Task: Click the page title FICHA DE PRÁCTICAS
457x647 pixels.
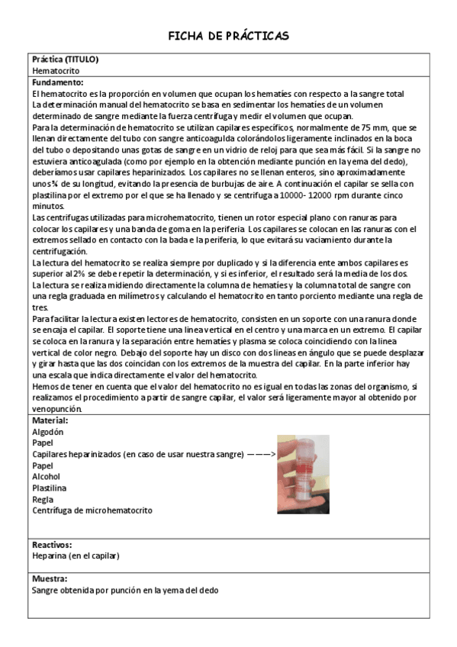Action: [228, 36]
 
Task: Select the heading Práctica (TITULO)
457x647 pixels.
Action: [65, 60]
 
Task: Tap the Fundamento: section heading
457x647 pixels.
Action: [58, 82]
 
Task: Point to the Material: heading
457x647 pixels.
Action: [50, 420]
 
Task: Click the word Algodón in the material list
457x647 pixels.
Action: [47, 432]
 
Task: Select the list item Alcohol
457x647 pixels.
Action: [46, 477]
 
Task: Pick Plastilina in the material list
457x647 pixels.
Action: [49, 488]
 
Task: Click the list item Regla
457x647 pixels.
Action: [43, 499]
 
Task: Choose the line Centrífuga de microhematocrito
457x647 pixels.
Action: [92, 510]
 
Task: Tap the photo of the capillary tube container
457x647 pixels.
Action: [303, 474]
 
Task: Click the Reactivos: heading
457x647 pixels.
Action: [52, 545]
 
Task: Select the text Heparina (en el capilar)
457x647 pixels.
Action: [76, 556]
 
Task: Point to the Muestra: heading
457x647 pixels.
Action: [50, 578]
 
